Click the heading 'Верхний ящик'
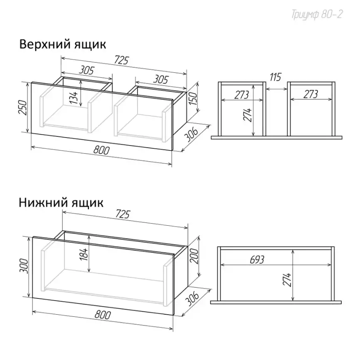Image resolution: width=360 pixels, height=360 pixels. tap(62, 44)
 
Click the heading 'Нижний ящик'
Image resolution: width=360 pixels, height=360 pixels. tap(61, 203)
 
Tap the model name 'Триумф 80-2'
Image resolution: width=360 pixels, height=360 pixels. tap(317, 15)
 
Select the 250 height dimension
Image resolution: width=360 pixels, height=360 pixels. tap(23, 107)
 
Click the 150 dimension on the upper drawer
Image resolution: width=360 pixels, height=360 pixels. tap(193, 99)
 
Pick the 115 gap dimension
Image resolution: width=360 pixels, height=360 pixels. tap(275, 77)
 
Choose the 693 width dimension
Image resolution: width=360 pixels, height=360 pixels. tap(257, 260)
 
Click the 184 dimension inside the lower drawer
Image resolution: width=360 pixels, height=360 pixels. tap(84, 254)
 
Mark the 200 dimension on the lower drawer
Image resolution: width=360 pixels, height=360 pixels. tap(194, 256)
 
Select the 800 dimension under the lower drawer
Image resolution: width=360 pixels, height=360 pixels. tap(103, 315)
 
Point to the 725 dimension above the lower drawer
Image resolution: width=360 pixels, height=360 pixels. tap(123, 214)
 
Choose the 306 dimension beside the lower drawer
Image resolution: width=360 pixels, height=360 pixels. tap(192, 299)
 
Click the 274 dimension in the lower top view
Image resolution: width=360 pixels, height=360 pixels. tap(287, 279)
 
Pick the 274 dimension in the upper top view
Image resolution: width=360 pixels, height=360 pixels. tap(248, 115)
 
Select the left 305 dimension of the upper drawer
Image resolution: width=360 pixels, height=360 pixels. tap(86, 70)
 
